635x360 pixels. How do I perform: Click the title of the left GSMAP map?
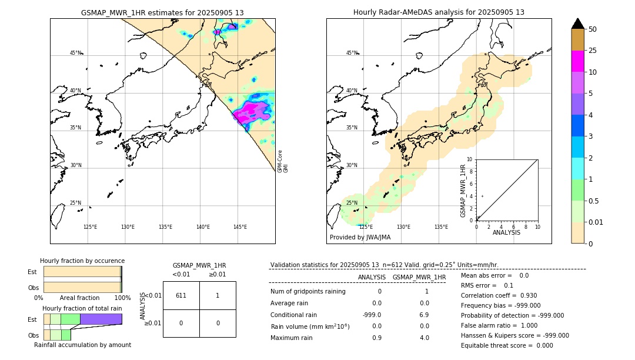tap(162, 12)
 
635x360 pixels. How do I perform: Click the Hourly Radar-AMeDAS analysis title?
tap(439, 12)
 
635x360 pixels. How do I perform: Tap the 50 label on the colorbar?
tap(593, 29)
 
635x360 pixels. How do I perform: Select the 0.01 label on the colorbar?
tap(596, 222)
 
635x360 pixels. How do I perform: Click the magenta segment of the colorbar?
tap(577, 61)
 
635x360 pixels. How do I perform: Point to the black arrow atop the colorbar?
tap(577, 24)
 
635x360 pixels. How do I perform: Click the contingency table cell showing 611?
tap(181, 295)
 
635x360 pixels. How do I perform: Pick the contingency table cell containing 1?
tap(218, 295)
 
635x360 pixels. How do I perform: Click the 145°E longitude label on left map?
tap(240, 227)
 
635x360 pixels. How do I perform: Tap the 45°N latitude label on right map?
tap(352, 53)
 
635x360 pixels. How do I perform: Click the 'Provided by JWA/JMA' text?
tap(360, 237)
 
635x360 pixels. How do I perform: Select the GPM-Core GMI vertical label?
tap(282, 161)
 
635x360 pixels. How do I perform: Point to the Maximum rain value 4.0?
tap(423, 338)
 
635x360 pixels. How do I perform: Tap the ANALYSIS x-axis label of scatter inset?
tap(506, 232)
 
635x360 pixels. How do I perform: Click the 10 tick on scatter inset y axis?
tap(470, 159)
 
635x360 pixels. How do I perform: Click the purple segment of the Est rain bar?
tap(101, 319)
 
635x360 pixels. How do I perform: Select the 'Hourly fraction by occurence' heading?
tap(82, 261)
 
